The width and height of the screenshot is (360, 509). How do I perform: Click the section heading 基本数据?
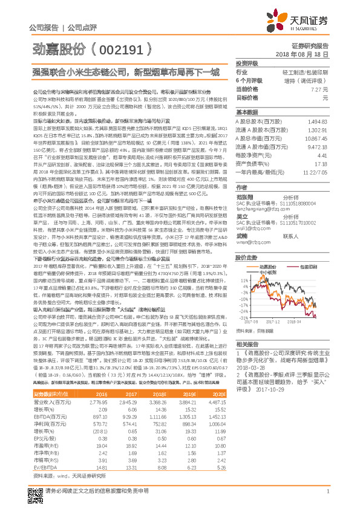(x=247, y=112)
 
